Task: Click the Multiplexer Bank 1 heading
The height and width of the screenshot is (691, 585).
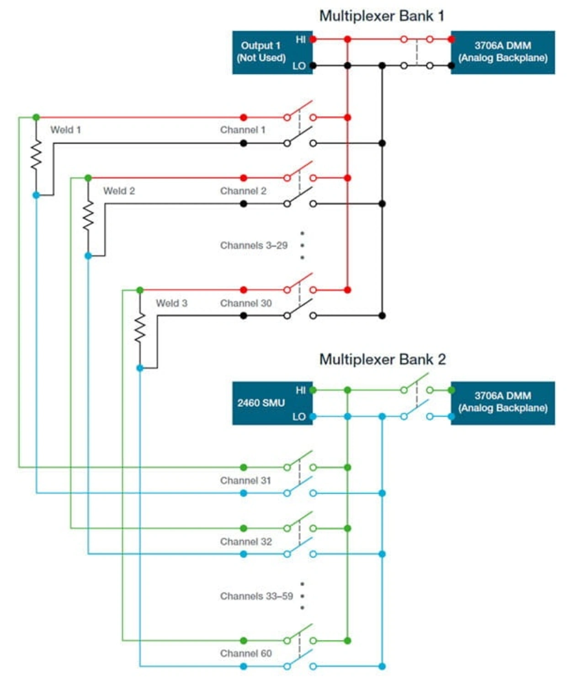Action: coord(382,16)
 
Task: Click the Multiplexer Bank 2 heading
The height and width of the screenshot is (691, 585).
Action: coord(383,359)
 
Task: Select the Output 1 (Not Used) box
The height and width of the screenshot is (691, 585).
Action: coord(272,52)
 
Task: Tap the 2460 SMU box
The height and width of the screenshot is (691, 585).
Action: coord(272,403)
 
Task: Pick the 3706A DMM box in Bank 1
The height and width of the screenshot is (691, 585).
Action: coord(503,52)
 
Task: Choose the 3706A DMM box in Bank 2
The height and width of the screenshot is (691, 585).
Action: coord(503,403)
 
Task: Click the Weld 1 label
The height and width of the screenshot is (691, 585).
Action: coord(66,130)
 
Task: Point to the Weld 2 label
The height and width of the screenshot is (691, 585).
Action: coord(119,191)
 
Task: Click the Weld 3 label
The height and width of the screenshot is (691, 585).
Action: coord(171,303)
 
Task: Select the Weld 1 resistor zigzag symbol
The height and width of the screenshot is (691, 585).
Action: coord(36,155)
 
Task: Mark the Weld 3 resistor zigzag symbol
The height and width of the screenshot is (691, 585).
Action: coord(140,328)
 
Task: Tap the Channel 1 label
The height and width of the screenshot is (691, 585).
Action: coord(243,130)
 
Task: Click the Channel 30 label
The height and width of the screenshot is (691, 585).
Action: coord(246,303)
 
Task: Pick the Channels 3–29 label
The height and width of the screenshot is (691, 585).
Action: coord(254,245)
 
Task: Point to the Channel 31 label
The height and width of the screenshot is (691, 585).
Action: coord(245,480)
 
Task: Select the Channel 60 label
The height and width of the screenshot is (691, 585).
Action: coord(246,654)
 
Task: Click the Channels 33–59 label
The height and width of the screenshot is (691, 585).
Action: coord(256,596)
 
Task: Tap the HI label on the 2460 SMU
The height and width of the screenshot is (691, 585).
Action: coord(300,390)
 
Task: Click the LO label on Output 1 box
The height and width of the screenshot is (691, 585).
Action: coord(299,66)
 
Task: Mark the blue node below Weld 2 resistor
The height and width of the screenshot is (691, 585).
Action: coord(88,256)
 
